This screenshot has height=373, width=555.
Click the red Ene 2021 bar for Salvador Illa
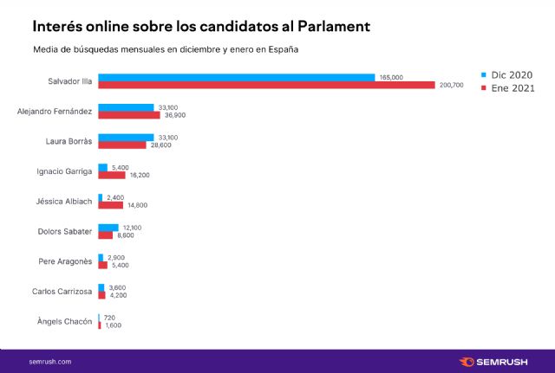[266, 85]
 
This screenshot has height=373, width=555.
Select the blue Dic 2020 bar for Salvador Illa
[236, 77]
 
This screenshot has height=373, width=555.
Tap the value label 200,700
[452, 85]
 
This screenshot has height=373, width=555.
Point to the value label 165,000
[391, 77]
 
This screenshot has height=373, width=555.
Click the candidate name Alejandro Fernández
[55, 111]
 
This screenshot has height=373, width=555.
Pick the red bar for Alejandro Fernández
[129, 114]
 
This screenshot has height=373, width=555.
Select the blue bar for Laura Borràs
[126, 137]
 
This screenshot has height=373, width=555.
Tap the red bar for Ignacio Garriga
[112, 175]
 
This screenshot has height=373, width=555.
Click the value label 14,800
[137, 205]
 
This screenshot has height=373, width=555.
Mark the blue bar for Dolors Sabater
[108, 227]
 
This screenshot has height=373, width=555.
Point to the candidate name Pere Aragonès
[65, 261]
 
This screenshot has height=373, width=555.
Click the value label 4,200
[117, 295]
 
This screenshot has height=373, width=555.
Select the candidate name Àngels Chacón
[65, 321]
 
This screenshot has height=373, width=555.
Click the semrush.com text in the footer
[50, 361]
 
